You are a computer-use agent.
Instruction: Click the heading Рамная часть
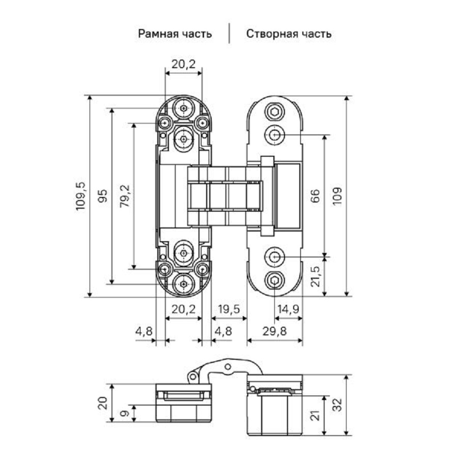pos(175,34)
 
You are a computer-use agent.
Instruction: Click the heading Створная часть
pos(289,34)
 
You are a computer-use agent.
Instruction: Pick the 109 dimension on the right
pos(338,196)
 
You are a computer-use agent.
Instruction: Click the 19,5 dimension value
pos(228,309)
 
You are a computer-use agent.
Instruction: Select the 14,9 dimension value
pos(288,309)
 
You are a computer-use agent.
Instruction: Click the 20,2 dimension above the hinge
pos(183,64)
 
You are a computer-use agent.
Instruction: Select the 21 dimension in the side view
pos(315,416)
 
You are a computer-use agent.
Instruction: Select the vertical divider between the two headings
pos(229,34)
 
